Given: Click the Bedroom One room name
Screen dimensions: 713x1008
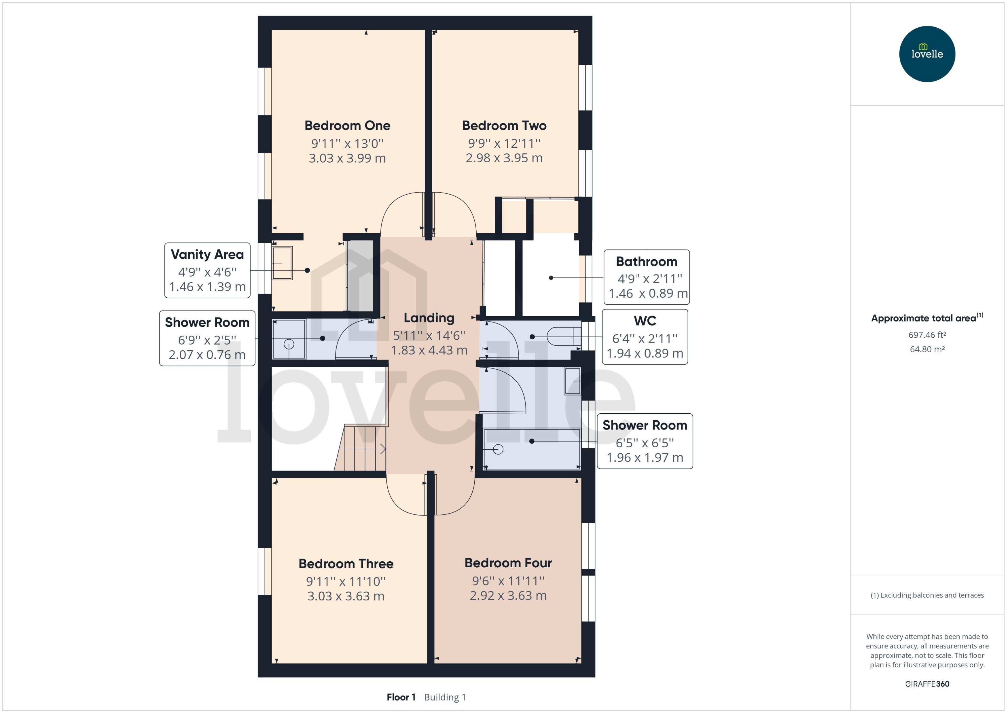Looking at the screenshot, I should coord(347,126).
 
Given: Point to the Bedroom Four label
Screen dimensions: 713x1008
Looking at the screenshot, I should coord(508,563).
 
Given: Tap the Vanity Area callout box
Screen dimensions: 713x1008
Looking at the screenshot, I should coord(207,271).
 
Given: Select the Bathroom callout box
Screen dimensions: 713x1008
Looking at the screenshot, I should coord(647,277).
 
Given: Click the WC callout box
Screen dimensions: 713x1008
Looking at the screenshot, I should coord(645,337).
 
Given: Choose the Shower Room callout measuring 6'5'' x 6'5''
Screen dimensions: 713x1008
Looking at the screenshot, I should coord(645,441).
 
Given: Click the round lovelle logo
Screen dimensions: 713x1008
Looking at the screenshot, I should coord(927,54).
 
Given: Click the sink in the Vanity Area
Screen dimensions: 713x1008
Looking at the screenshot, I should coord(282,263).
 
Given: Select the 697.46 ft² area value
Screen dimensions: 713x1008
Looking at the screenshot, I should coord(927,335).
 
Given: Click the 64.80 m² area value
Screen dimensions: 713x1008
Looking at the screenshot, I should coord(927,349).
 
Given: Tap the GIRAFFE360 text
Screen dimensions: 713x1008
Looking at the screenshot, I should coord(927,684).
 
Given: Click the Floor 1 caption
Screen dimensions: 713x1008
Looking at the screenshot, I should coord(401,697).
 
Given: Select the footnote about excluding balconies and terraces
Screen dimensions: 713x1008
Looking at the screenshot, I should coord(927,595).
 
